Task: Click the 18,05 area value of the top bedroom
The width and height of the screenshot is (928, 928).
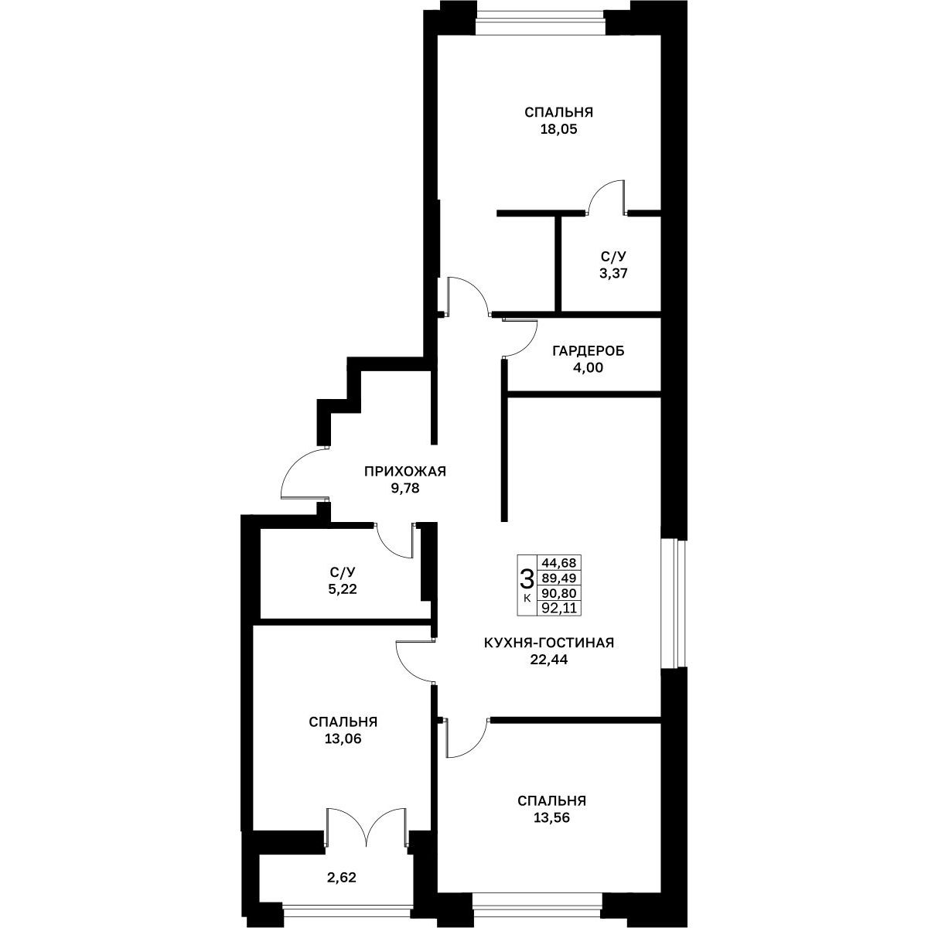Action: pyautogui.click(x=558, y=130)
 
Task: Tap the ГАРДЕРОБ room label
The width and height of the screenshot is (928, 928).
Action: pyautogui.click(x=588, y=351)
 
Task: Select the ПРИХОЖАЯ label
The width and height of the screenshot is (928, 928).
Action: pyautogui.click(x=405, y=471)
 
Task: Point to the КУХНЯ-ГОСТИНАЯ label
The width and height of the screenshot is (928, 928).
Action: pyautogui.click(x=549, y=643)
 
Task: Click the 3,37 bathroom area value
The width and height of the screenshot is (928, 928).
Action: pyautogui.click(x=613, y=274)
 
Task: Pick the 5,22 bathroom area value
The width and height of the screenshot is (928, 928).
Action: pyautogui.click(x=343, y=589)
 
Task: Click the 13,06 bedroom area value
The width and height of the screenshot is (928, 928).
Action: pyautogui.click(x=343, y=739)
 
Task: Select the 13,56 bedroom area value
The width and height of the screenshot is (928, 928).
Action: pyautogui.click(x=551, y=817)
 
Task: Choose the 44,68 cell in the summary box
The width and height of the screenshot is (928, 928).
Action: pyautogui.click(x=559, y=562)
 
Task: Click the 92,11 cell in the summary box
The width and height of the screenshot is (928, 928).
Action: pyautogui.click(x=559, y=609)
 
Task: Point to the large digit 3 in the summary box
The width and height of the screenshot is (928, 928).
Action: pyautogui.click(x=527, y=578)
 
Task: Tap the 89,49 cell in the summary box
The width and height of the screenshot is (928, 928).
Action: pyautogui.click(x=559, y=578)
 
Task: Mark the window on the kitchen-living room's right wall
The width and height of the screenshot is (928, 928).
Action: pyautogui.click(x=674, y=603)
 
